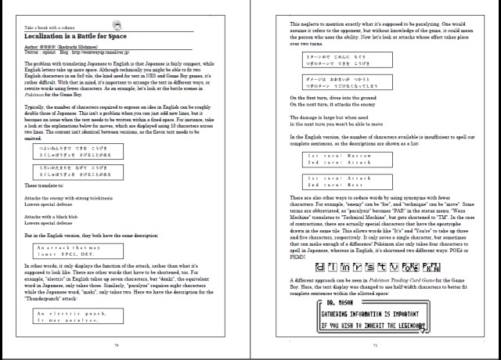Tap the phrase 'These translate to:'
pos(44,185)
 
